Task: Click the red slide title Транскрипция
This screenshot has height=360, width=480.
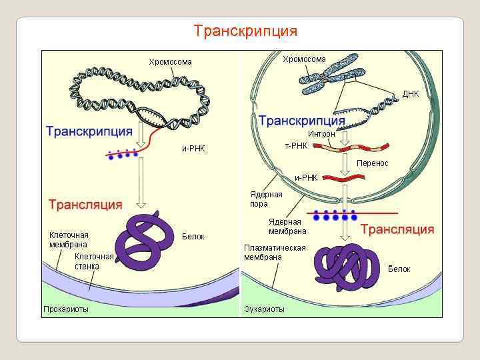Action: [245, 31]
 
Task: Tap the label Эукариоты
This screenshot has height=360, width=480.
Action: [264, 309]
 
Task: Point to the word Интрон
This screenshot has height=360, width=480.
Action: [321, 134]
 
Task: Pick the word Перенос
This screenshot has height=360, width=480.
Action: [373, 163]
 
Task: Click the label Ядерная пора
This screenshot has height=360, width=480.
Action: [266, 199]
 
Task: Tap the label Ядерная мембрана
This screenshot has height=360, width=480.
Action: [287, 227]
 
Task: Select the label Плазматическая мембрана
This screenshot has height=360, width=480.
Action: [275, 252]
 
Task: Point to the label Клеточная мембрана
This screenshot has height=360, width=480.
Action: [69, 239]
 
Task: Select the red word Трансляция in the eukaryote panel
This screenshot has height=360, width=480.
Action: [397, 229]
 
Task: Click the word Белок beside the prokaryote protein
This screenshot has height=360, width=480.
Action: [193, 237]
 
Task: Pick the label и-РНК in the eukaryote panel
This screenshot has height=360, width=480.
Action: [306, 178]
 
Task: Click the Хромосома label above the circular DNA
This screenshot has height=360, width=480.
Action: [170, 62]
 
